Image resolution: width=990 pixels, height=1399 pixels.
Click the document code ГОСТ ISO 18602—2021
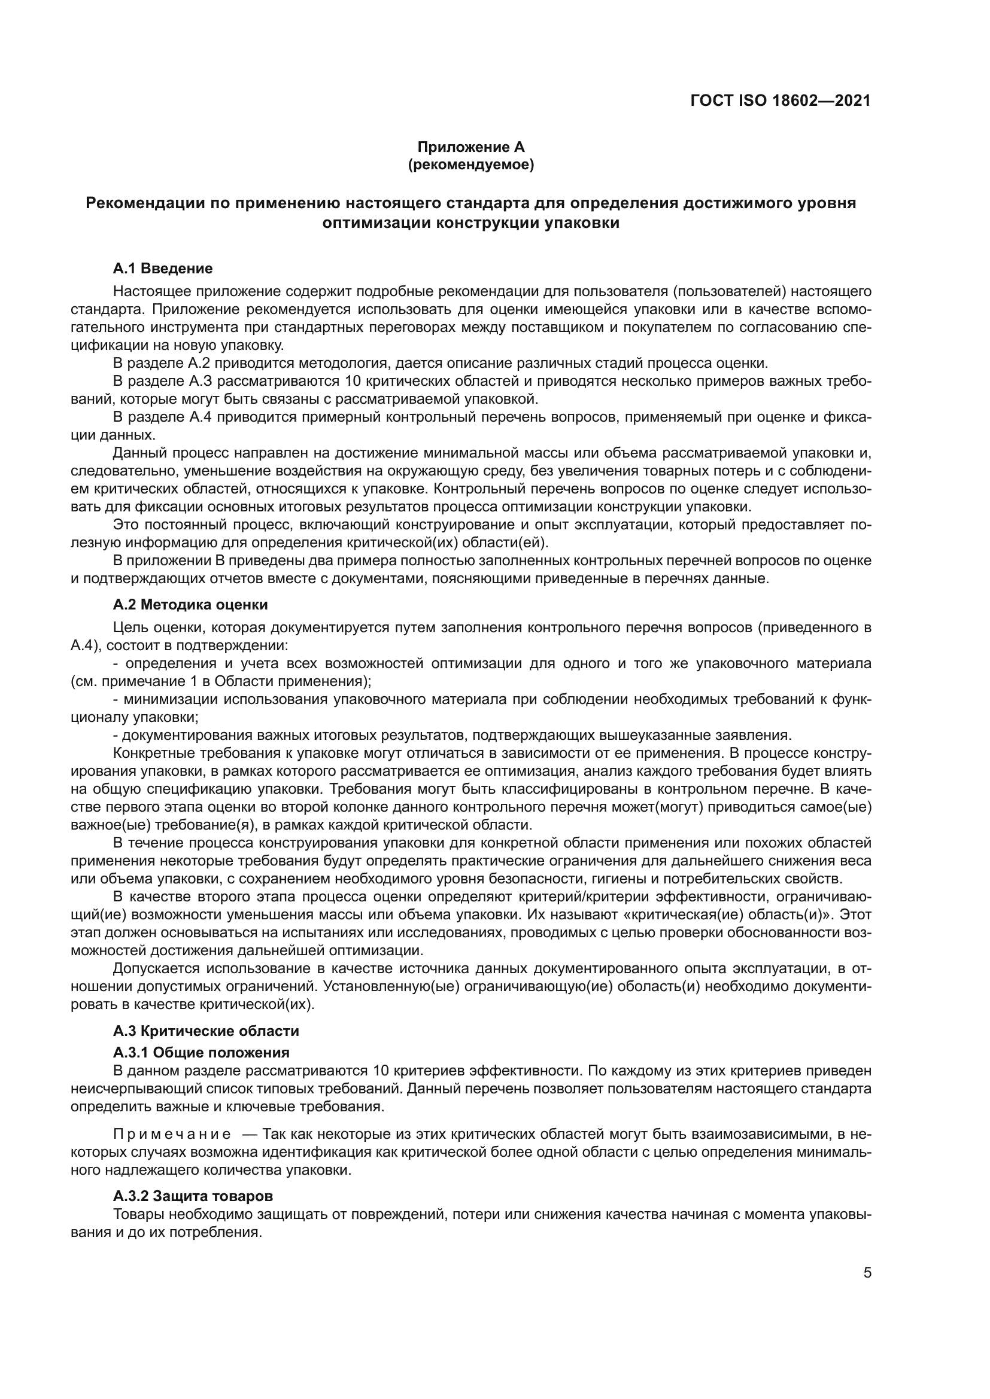click(781, 101)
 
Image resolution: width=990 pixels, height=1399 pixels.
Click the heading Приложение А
click(470, 148)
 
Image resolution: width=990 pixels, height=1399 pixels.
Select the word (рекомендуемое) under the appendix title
click(470, 165)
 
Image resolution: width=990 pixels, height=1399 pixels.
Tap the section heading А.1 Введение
click(163, 269)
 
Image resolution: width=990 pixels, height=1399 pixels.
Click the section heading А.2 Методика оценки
click(190, 605)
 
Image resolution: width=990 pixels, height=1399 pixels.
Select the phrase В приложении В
click(162, 560)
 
